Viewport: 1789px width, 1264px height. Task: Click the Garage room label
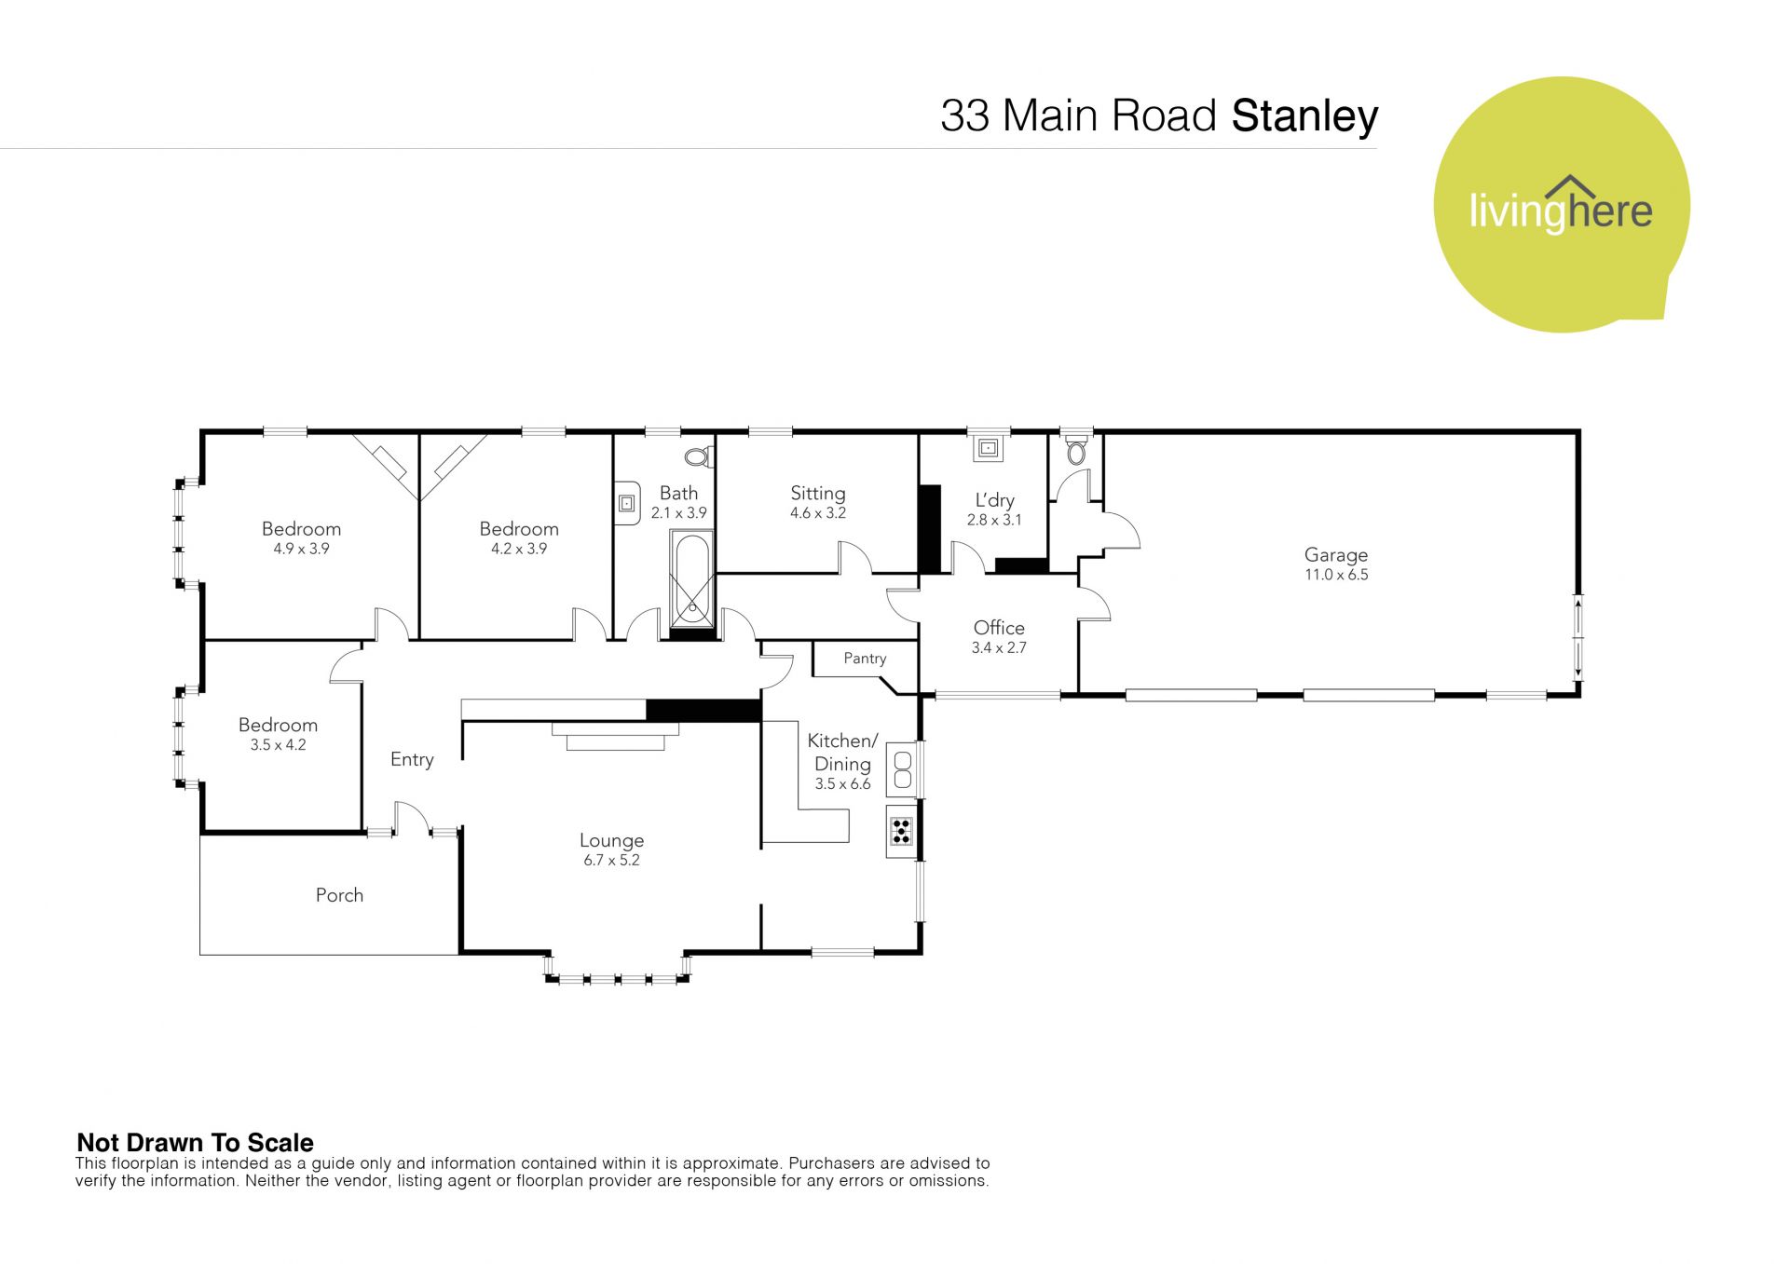[1335, 555]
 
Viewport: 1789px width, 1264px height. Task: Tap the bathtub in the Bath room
[691, 578]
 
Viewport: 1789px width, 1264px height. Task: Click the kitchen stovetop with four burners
[901, 830]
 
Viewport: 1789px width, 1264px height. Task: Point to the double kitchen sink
[901, 768]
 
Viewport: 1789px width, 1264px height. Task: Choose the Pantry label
[865, 659]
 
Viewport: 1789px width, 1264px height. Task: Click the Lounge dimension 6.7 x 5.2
[611, 861]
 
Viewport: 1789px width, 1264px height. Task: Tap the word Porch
[339, 895]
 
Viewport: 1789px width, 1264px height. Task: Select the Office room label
[999, 628]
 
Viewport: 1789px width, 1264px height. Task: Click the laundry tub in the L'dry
[988, 448]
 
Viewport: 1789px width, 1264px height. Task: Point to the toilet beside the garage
[1076, 453]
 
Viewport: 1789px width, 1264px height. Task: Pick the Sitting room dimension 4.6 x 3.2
[818, 513]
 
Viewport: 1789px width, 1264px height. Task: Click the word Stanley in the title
[1304, 116]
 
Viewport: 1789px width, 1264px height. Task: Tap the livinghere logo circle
[1561, 205]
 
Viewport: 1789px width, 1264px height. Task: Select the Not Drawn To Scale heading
[195, 1142]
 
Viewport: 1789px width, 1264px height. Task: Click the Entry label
[412, 759]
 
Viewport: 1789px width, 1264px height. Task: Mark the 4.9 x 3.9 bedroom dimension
[301, 549]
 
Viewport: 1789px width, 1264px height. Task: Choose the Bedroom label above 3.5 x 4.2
[278, 725]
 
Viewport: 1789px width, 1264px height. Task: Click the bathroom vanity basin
[627, 503]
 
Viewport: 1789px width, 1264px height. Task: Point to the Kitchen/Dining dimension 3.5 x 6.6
[842, 784]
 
